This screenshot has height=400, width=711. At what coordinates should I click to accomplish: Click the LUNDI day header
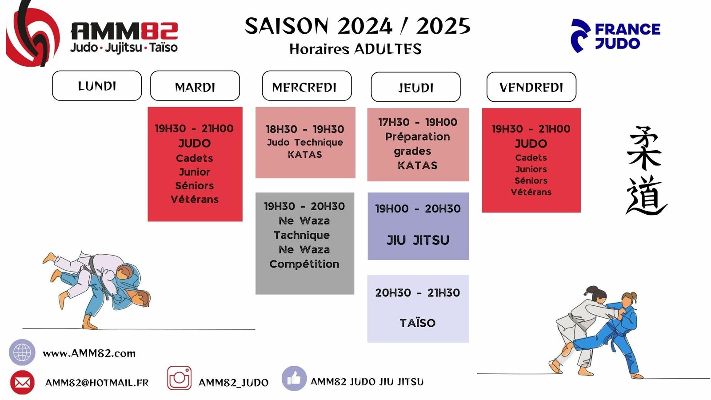coord(97,86)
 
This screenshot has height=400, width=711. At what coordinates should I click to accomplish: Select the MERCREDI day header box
coord(307,86)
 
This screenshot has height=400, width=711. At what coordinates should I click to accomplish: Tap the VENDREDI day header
coord(531,87)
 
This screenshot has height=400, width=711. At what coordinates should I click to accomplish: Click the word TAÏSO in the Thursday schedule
coord(417,323)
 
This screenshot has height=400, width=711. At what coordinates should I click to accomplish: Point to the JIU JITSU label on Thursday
coord(418,240)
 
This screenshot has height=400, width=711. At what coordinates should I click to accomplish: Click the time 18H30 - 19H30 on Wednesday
coord(305,129)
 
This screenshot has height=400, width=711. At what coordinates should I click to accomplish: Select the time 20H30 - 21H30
coord(417,293)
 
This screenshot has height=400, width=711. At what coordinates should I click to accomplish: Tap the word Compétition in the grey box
coord(304,264)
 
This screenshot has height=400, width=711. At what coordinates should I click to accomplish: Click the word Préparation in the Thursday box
coord(417,137)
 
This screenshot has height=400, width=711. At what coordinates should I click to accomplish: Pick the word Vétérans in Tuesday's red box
coord(195,200)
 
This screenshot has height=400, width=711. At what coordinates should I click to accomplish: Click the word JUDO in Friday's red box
coord(531,144)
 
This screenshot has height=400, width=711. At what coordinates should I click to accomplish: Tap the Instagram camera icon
coord(180,378)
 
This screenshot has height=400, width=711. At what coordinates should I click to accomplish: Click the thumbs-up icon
coord(294,378)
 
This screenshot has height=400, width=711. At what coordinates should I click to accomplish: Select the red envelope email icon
coord(22,382)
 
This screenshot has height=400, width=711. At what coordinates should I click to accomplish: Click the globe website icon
coord(22,352)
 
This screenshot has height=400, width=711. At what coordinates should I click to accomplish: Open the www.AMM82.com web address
coord(89,353)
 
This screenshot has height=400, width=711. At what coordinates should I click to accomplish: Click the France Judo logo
coord(615,36)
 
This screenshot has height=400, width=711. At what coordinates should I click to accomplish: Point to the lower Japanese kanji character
coord(646,195)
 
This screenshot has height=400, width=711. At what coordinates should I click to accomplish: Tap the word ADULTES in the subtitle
coord(388,49)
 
